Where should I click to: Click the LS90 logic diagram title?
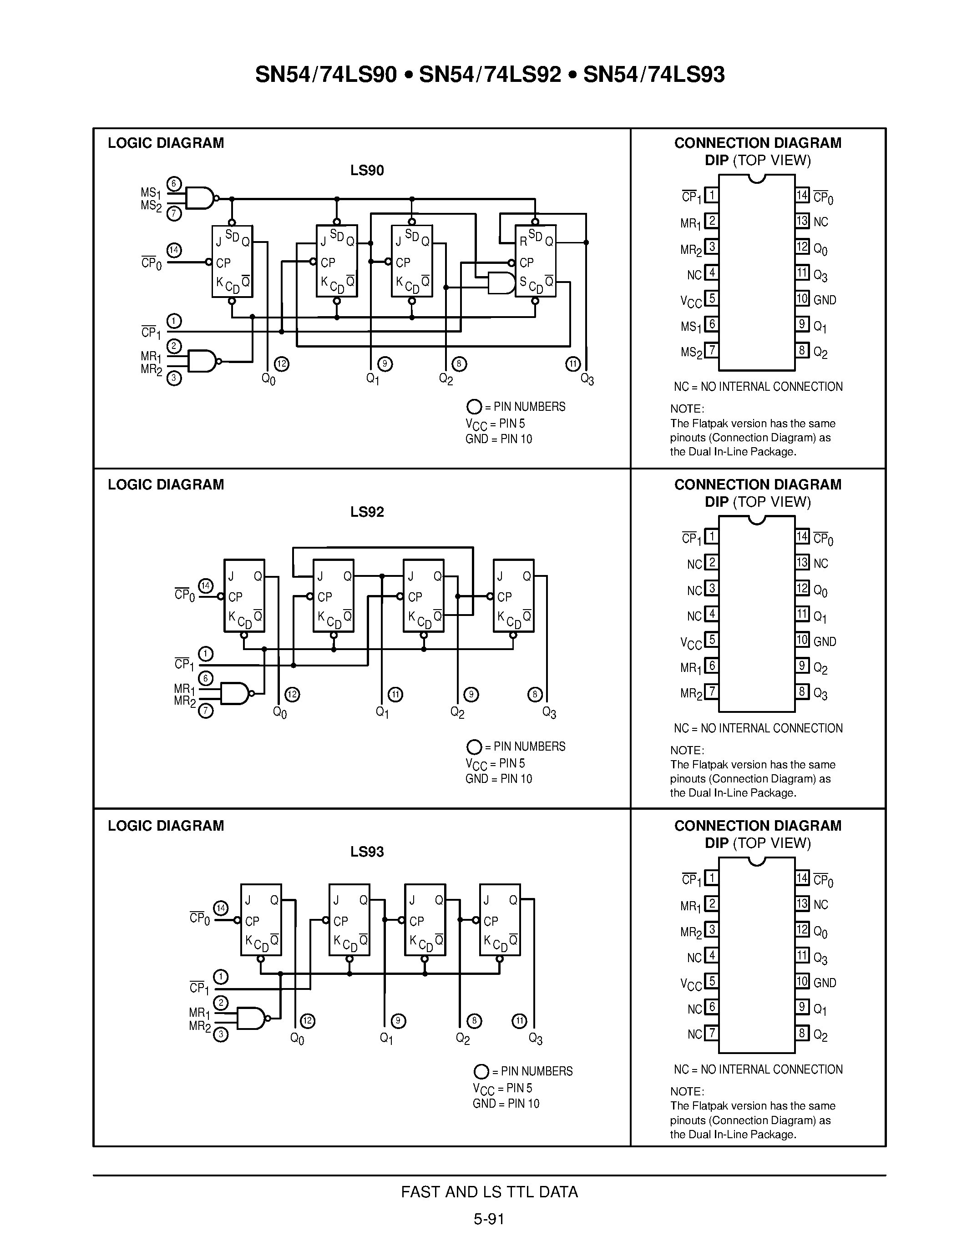pos(367,170)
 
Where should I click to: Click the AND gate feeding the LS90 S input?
pos(501,282)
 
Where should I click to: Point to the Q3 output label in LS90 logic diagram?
pos(587,379)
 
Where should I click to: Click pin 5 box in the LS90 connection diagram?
pos(711,298)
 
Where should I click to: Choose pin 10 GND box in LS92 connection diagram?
pos(802,640)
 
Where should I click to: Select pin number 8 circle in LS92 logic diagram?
pos(535,695)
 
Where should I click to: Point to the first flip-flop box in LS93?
pos(261,919)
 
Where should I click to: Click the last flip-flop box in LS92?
pos(513,596)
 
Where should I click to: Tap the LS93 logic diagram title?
pos(367,852)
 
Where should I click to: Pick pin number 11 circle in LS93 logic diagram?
pos(519,1021)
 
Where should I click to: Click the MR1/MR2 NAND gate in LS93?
pos(251,1018)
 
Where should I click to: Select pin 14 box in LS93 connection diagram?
pos(802,878)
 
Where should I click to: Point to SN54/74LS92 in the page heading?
pos(490,75)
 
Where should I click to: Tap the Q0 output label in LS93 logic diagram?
pos(297,1039)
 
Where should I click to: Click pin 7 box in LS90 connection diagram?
pos(711,350)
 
